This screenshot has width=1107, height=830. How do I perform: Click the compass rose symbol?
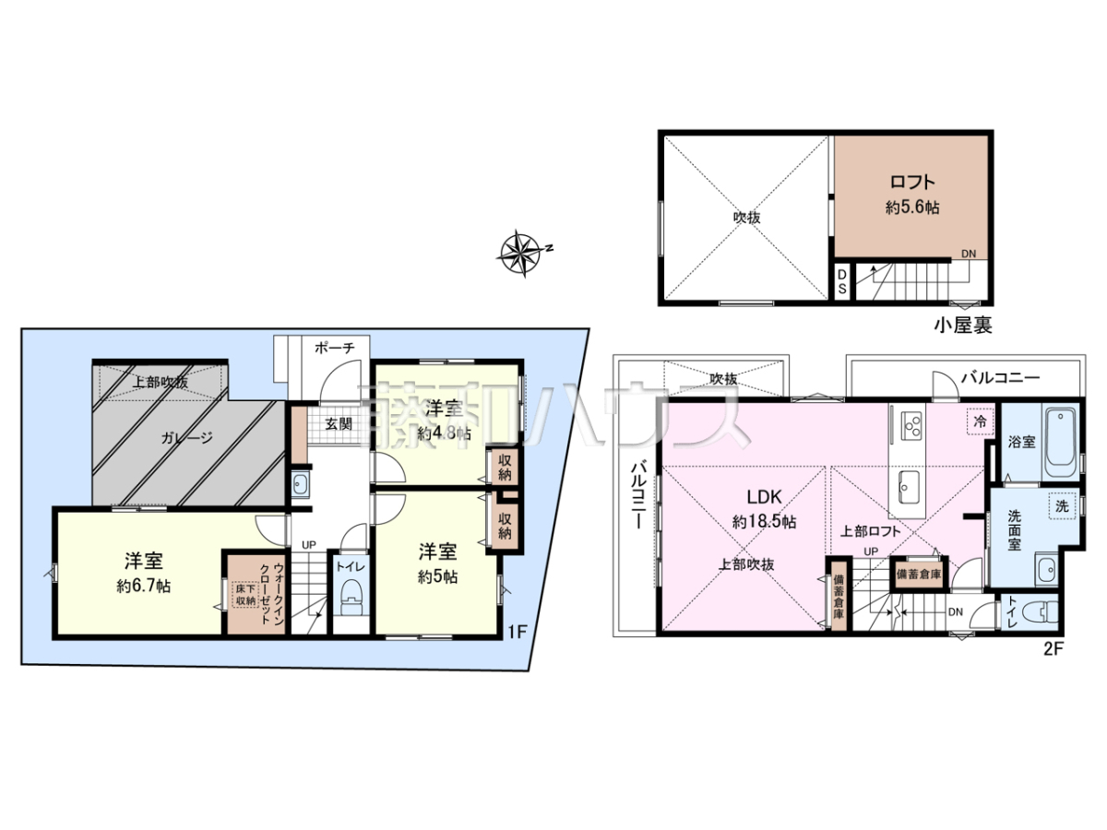(523, 254)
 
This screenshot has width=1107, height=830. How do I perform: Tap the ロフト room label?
(912, 182)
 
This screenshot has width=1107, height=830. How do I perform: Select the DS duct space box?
(841, 282)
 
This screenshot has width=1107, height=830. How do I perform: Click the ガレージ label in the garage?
(186, 438)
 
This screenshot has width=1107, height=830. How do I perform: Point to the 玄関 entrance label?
(338, 424)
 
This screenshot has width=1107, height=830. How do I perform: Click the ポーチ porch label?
(334, 348)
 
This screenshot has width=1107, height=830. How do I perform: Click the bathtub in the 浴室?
(1061, 444)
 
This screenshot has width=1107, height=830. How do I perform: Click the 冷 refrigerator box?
(980, 421)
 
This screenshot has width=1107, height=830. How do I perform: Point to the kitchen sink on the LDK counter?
(909, 487)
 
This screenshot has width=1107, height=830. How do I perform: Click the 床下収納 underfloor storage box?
(246, 595)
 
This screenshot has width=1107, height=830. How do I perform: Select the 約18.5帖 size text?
(764, 522)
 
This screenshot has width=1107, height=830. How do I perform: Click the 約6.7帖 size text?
(144, 587)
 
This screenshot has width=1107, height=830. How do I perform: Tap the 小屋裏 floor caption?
(963, 326)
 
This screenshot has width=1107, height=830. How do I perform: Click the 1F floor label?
(517, 632)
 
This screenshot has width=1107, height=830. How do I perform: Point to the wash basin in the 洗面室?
(1047, 569)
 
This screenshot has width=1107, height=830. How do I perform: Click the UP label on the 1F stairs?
(309, 545)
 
